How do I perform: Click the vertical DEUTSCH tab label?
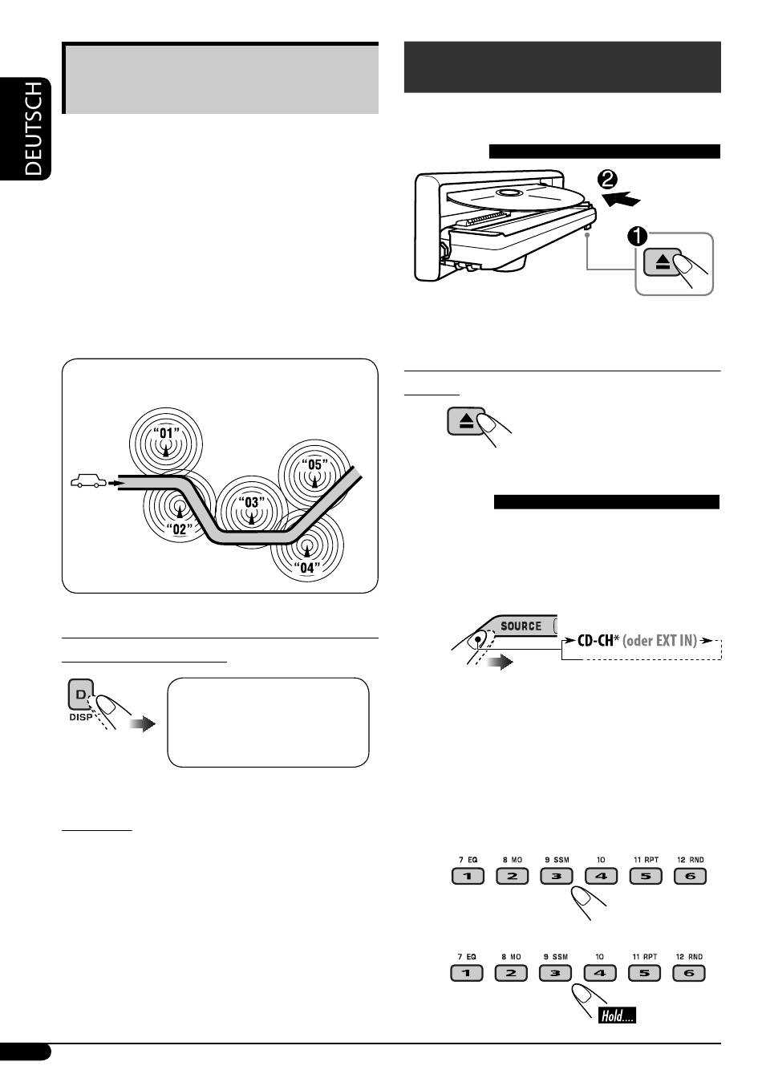(x=34, y=128)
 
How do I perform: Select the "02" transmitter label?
(x=181, y=529)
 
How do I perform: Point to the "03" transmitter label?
(x=251, y=503)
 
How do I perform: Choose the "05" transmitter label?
(x=314, y=464)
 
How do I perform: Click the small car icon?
(x=87, y=482)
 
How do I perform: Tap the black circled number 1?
(x=638, y=237)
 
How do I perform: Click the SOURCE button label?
(x=521, y=626)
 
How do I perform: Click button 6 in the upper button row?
(x=689, y=877)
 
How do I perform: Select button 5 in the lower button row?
(x=645, y=974)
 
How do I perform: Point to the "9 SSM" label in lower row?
(x=556, y=957)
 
